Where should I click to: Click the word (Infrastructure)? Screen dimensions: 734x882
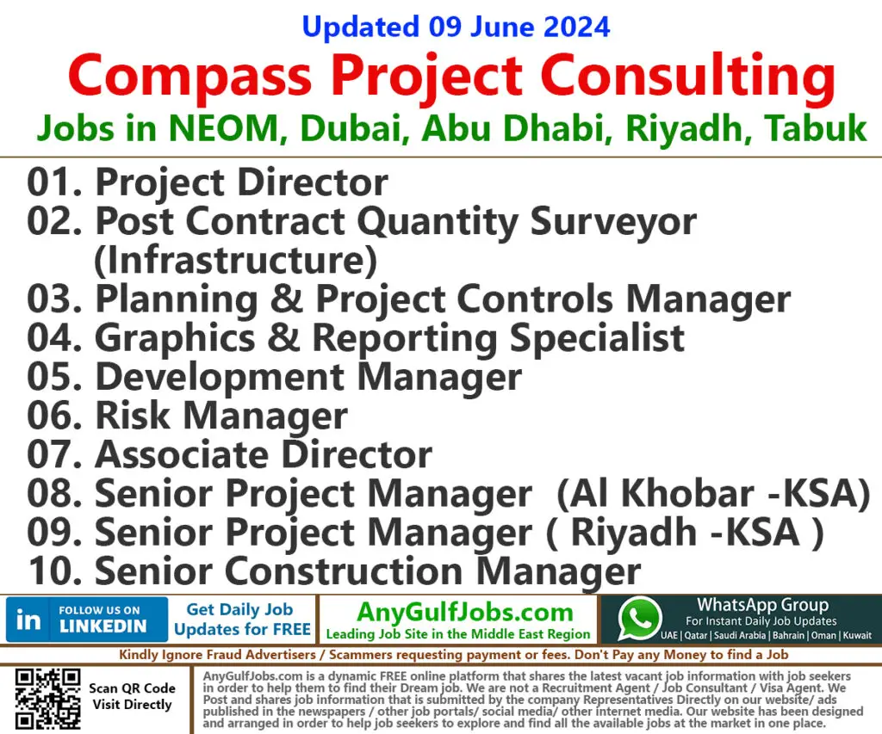coord(235,260)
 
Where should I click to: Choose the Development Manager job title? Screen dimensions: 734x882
coord(307,377)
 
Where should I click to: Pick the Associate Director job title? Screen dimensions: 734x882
coord(263,454)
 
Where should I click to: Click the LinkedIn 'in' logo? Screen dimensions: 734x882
coord(28,620)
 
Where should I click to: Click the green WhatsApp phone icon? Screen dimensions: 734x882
coord(640,620)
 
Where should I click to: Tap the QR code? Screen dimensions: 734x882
coord(48,700)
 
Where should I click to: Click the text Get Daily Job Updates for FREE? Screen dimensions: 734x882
coord(242,620)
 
